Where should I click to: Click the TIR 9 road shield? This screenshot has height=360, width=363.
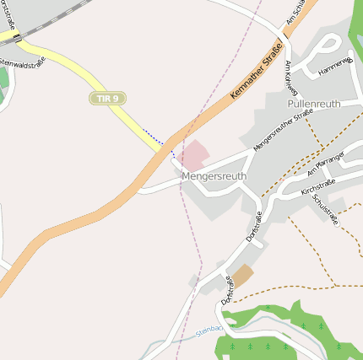(x=107, y=99)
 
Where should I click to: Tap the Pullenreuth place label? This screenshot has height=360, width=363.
(x=314, y=103)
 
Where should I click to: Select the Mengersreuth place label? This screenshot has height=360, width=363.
(x=214, y=177)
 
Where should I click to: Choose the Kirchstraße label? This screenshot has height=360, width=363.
(x=318, y=187)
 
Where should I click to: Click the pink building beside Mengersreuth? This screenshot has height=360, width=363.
(x=194, y=154)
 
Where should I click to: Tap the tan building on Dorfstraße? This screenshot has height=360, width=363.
(x=242, y=276)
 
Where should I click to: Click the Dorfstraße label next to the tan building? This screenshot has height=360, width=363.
(x=226, y=288)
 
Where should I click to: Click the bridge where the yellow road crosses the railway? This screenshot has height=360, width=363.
(x=17, y=38)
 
